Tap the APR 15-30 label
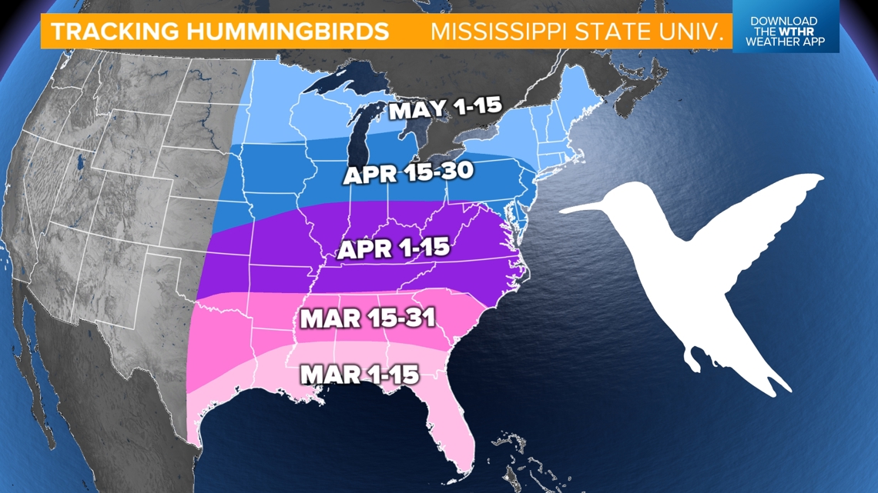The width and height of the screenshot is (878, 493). pos(407,174)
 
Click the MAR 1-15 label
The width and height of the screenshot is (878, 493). pos(359,375)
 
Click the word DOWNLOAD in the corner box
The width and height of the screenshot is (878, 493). pos(784,20)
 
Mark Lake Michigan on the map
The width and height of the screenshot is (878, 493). pos(357,131)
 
